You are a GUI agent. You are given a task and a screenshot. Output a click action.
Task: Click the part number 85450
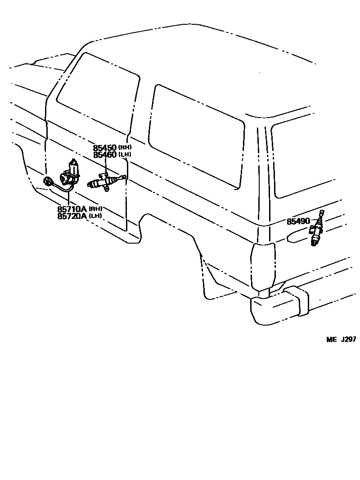(105, 148)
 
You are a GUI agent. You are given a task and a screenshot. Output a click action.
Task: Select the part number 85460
(105, 155)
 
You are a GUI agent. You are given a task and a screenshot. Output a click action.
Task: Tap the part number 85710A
(72, 209)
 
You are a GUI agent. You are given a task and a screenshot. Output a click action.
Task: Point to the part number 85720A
(72, 216)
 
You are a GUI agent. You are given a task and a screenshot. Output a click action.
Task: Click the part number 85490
(298, 222)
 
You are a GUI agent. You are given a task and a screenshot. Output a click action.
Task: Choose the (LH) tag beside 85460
(125, 155)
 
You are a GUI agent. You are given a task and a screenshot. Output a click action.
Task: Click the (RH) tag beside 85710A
(95, 209)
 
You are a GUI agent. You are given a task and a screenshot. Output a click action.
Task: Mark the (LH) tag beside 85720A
(95, 216)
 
